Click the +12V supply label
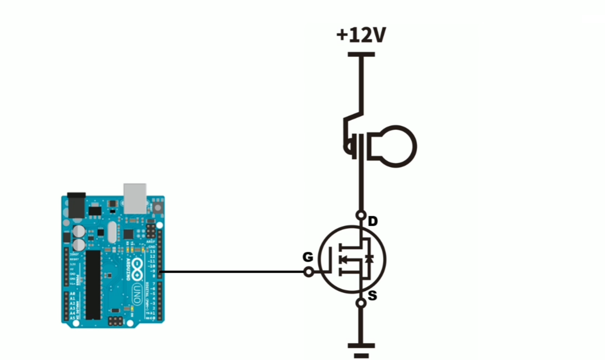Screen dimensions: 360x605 (361, 35)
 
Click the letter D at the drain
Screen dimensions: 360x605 (373, 221)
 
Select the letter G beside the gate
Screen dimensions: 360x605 (308, 257)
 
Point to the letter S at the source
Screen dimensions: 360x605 (372, 295)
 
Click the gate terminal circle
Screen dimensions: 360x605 (308, 272)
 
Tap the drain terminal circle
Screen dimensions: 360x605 (361, 215)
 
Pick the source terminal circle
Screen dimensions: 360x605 (361, 303)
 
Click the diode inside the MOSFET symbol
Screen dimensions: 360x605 (369, 258)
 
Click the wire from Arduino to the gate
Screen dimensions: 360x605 (233, 272)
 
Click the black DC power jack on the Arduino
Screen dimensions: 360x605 (76, 205)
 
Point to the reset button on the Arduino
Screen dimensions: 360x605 (158, 208)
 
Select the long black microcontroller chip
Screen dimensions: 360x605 (93, 285)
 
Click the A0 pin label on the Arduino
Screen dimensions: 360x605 (73, 294)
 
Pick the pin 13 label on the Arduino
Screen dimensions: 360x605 (152, 251)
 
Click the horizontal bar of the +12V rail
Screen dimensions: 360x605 (361, 54)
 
